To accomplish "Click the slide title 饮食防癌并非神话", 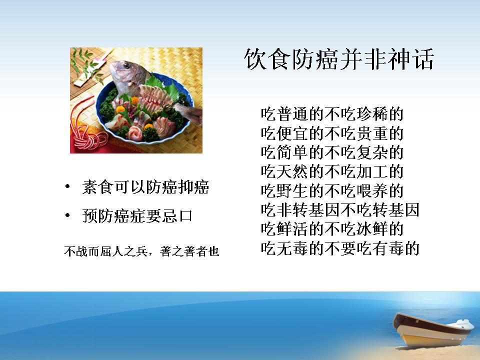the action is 339,59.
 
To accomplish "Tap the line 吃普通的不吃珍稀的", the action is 332,114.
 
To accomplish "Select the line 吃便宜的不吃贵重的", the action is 332,133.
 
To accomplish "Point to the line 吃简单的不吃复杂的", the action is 332,152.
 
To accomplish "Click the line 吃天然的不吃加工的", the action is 332,171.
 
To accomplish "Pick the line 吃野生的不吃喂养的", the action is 332,190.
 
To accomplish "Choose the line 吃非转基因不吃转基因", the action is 340,210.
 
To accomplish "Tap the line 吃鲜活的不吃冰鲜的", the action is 332,229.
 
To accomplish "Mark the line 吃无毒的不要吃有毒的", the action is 340,248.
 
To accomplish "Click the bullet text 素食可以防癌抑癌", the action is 145,186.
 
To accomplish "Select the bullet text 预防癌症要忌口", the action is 137,215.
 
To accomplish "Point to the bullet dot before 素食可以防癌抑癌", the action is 67,186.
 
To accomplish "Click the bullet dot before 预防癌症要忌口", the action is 67,215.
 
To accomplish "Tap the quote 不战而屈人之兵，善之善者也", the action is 141,251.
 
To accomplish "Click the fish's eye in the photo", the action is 126,65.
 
